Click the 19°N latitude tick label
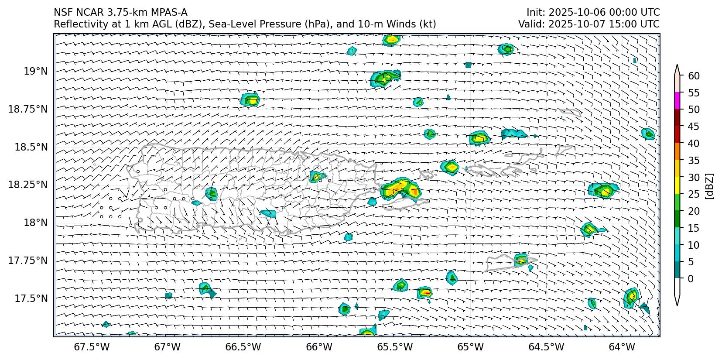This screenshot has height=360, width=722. (35, 71)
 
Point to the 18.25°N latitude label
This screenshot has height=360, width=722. (27, 185)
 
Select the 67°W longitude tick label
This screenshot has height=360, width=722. (167, 347)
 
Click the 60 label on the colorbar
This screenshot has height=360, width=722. (694, 76)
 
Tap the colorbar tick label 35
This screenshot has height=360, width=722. (694, 161)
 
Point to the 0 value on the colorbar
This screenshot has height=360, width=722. (690, 278)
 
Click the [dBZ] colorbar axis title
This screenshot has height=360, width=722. (710, 186)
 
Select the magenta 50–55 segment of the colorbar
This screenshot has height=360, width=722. (677, 101)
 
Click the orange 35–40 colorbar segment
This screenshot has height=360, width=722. (677, 151)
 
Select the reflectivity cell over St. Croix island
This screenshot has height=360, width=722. (521, 260)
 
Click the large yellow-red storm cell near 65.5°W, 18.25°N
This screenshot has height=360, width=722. (399, 189)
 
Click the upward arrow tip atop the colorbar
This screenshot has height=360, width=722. (677, 66)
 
